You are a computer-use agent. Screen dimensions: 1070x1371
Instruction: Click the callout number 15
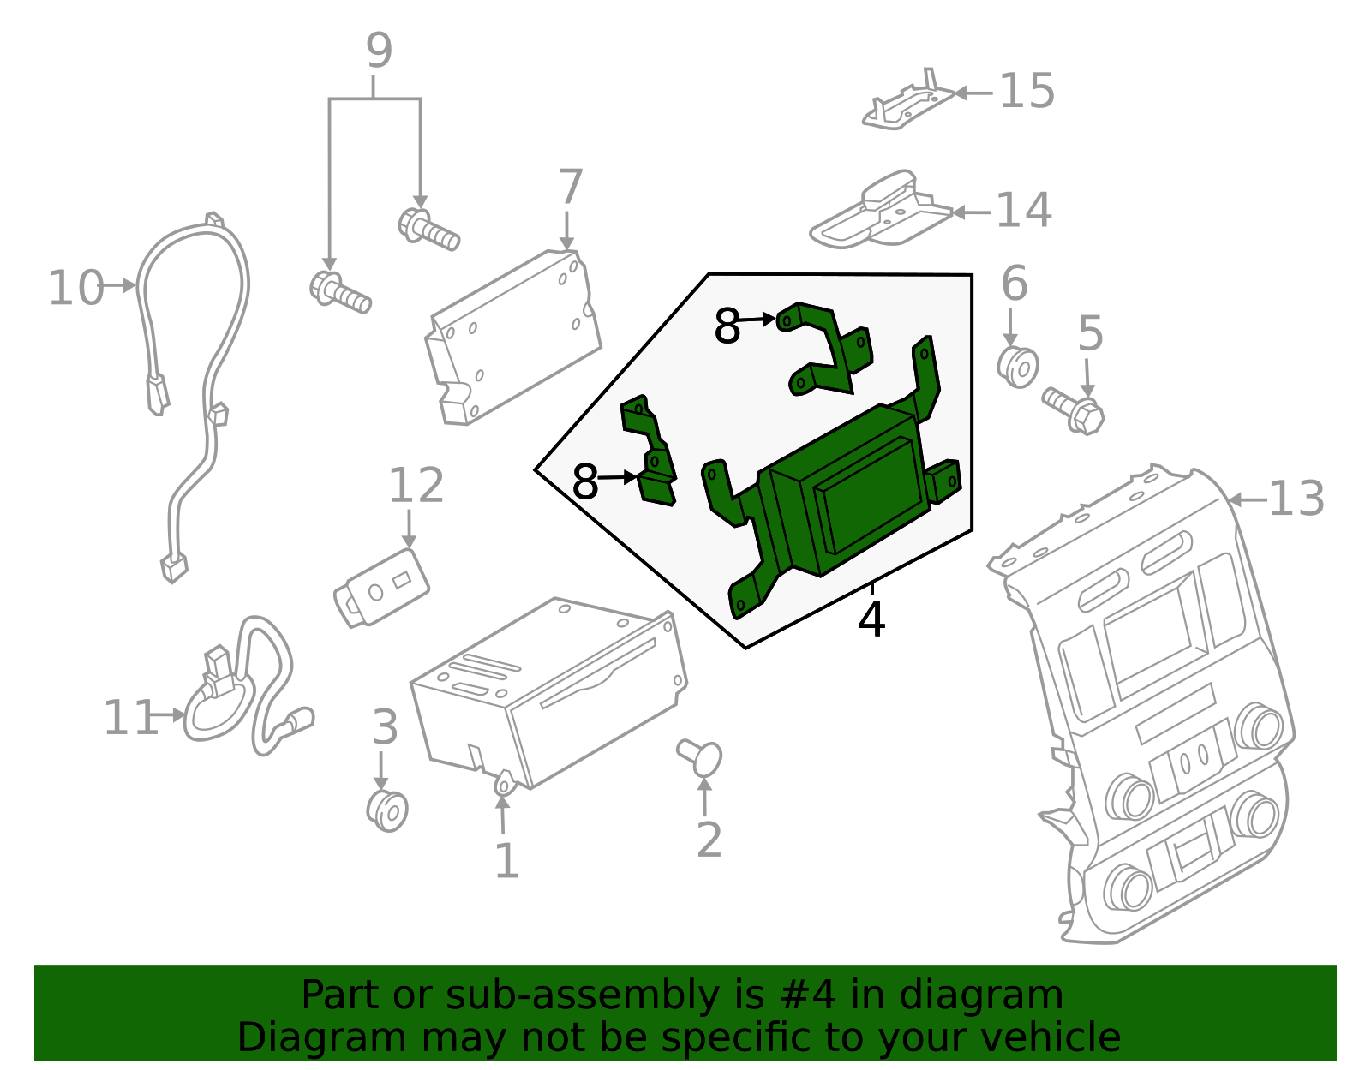point(1027,91)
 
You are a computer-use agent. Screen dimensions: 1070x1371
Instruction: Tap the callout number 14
point(1024,211)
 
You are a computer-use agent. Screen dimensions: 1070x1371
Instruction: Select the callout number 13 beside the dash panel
point(1296,499)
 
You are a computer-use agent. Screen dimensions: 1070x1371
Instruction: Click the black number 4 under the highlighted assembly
point(871,619)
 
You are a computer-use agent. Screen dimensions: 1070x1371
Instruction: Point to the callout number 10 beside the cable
point(75,288)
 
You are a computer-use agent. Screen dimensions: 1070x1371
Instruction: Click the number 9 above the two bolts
point(379,51)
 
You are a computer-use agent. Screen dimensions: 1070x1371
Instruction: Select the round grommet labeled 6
point(1018,366)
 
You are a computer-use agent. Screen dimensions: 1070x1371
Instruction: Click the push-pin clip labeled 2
point(701,757)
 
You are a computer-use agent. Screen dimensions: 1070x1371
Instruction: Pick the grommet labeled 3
point(387,810)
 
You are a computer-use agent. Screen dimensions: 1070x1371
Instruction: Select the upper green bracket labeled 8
point(824,348)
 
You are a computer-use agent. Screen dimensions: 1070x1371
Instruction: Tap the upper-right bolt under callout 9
point(428,229)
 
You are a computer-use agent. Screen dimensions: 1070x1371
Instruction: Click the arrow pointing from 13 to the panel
point(1247,499)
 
